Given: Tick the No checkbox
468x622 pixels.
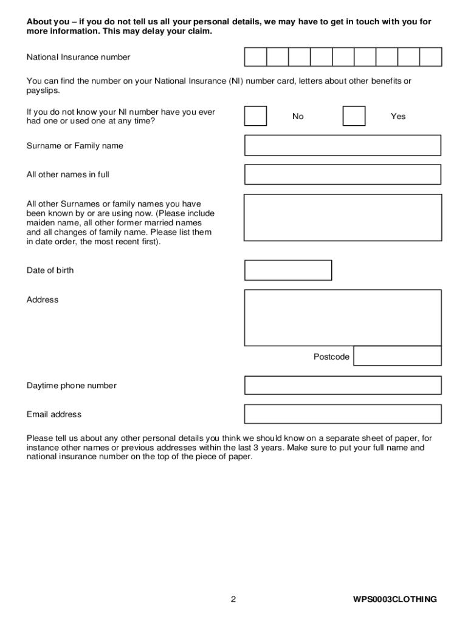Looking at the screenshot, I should tap(255, 116).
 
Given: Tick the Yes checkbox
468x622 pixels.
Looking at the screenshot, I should tap(354, 116).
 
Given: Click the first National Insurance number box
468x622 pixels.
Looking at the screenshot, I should tap(255, 57).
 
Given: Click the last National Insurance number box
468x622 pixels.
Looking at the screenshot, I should tap(430, 57).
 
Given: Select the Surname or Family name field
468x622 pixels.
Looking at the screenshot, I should tap(343, 146).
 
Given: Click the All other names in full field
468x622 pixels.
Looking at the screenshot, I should tap(343, 174).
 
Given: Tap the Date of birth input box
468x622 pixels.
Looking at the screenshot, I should tap(288, 270).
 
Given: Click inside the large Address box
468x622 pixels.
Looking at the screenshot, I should tap(343, 318).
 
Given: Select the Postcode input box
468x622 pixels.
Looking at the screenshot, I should tap(397, 357).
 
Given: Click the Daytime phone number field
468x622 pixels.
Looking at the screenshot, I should tap(343, 386).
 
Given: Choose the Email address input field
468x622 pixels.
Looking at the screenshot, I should tap(343, 414).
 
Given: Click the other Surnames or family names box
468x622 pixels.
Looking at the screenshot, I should tap(343, 217).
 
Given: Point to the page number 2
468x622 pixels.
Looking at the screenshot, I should tap(233, 600).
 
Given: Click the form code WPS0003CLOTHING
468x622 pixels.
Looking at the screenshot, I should tap(395, 600).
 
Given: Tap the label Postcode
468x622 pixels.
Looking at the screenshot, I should tap(331, 357).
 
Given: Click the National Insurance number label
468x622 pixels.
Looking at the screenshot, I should tap(78, 57).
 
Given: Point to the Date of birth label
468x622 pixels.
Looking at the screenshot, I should tap(50, 270).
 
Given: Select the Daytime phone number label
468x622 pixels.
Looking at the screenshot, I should tap(71, 386).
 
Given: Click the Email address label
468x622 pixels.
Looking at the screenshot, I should tap(53, 414).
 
